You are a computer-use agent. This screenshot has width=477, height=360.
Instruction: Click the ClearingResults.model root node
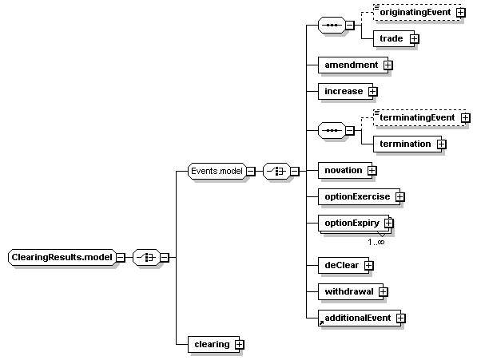point(62,257)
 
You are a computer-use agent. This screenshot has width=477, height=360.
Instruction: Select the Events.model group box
point(217,171)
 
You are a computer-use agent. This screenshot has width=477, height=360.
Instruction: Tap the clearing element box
point(214,344)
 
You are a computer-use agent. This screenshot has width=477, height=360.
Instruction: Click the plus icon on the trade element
point(415,38)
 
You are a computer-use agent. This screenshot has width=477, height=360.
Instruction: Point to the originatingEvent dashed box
point(417,13)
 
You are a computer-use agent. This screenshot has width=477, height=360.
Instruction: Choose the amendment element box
point(353,65)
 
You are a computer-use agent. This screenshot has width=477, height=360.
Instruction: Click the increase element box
point(345,91)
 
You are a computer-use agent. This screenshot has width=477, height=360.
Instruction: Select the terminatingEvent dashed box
point(419,117)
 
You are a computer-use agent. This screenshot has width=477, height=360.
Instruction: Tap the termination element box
point(407,144)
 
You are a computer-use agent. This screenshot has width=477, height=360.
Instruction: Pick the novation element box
point(345,171)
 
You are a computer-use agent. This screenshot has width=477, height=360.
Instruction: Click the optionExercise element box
point(359,196)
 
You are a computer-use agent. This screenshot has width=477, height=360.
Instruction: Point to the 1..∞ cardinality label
point(376,242)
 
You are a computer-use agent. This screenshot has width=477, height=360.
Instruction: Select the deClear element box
point(344,265)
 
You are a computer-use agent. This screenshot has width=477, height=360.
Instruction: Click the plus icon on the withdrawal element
point(384,292)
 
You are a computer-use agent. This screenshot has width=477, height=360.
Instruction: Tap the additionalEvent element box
point(360,318)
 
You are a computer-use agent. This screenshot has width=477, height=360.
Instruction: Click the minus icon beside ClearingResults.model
point(121,258)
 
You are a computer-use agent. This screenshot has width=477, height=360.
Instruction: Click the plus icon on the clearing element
point(240,345)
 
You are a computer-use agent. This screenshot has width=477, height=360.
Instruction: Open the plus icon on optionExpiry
point(388,224)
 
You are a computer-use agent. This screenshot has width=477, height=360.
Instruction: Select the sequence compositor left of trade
point(332,25)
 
